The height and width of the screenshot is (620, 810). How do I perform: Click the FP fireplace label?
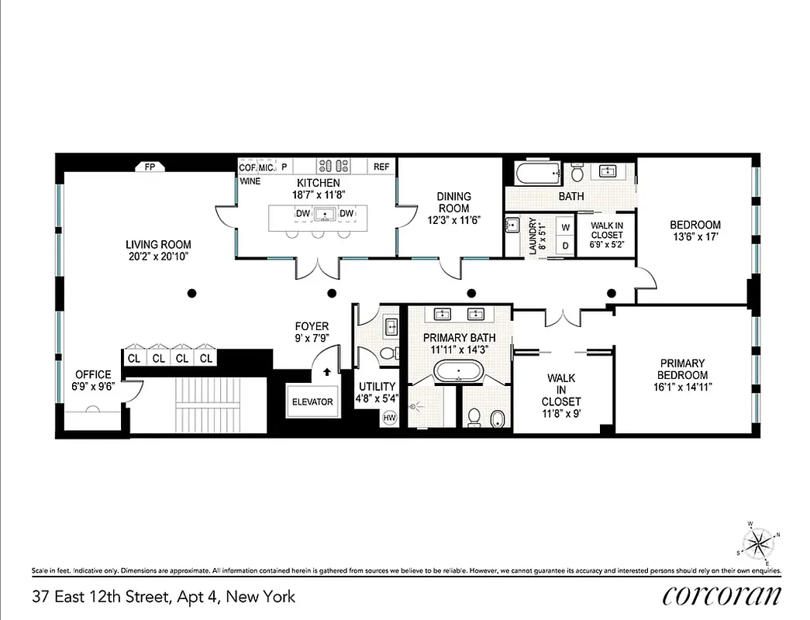pyautogui.click(x=150, y=167)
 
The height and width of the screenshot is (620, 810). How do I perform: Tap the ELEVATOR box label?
pyautogui.click(x=312, y=401)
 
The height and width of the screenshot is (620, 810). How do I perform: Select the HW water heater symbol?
pyautogui.click(x=389, y=417)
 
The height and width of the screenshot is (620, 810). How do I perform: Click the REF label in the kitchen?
pyautogui.click(x=381, y=167)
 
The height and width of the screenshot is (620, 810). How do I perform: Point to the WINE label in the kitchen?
pyautogui.click(x=250, y=181)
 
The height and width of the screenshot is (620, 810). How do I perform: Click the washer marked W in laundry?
pyautogui.click(x=565, y=226)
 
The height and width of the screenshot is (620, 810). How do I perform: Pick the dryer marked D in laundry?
pyautogui.click(x=565, y=246)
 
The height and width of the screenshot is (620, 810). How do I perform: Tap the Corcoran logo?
pyautogui.click(x=722, y=595)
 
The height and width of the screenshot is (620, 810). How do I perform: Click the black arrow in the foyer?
pyautogui.click(x=326, y=371)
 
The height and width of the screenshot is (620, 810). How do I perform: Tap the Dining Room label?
pyautogui.click(x=454, y=202)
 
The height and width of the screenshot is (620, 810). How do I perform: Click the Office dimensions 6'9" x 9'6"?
pyautogui.click(x=93, y=387)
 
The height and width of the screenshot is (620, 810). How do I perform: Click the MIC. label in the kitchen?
pyautogui.click(x=266, y=167)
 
